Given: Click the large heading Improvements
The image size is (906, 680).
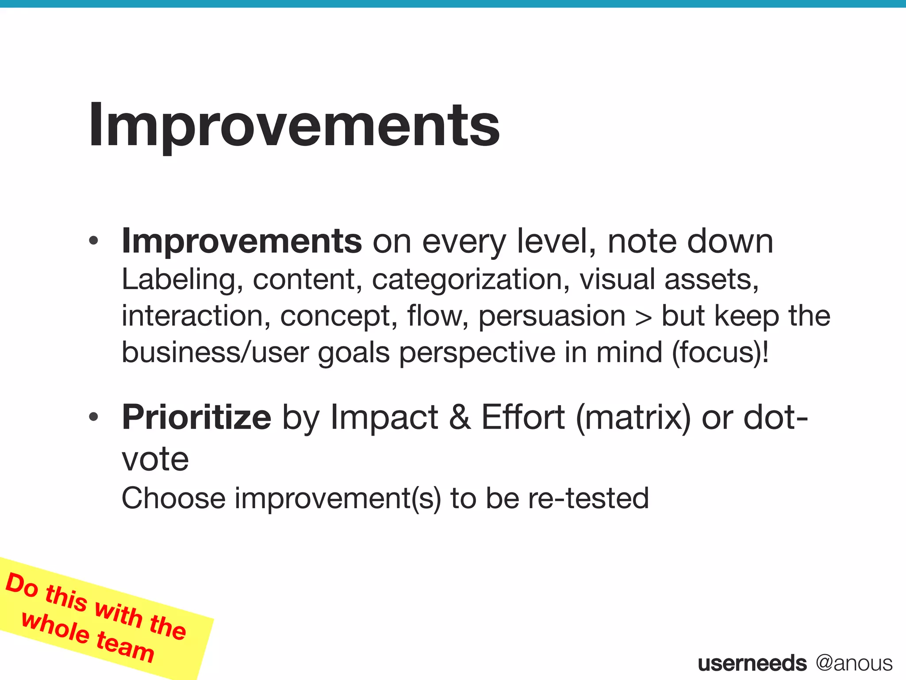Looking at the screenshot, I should point(294,125).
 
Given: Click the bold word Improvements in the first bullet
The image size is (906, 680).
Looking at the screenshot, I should point(242,241).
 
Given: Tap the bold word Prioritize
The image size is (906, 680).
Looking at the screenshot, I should point(196,417).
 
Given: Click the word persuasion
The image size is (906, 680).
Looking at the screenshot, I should point(552,316).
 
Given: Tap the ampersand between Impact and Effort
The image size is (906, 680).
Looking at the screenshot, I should point(460,417).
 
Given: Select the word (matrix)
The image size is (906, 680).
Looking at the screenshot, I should point(633,417).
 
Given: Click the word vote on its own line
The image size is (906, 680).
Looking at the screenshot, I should point(155,460).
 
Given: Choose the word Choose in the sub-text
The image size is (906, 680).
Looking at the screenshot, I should point(173,498).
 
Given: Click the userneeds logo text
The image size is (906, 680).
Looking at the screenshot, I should point(752,663).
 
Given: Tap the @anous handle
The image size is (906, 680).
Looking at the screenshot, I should point(854,663).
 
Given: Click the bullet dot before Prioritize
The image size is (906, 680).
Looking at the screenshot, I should point(93,417).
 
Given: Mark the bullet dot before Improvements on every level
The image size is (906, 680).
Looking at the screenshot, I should point(93,242).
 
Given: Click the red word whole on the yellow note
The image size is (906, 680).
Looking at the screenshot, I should point(55,628).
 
